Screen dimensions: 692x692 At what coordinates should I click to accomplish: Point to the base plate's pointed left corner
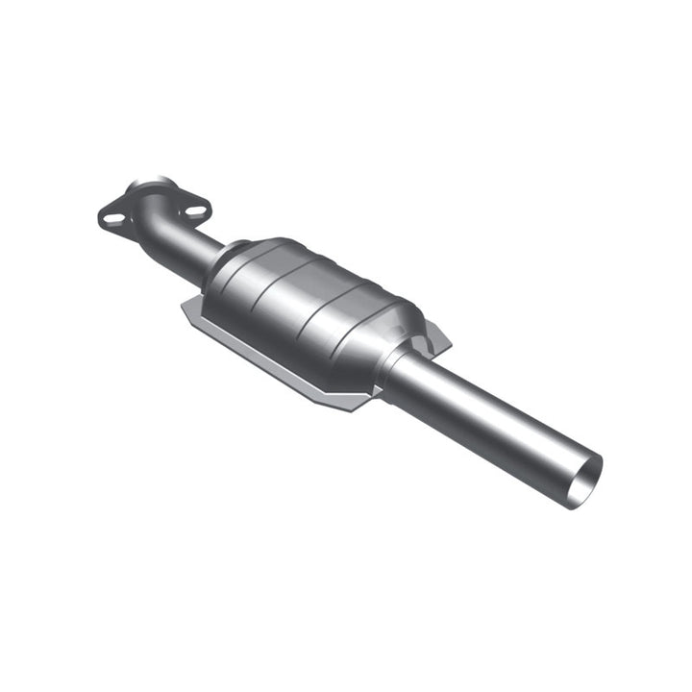[x=183, y=310]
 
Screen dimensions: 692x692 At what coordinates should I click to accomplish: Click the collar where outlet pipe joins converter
[x=398, y=370]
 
